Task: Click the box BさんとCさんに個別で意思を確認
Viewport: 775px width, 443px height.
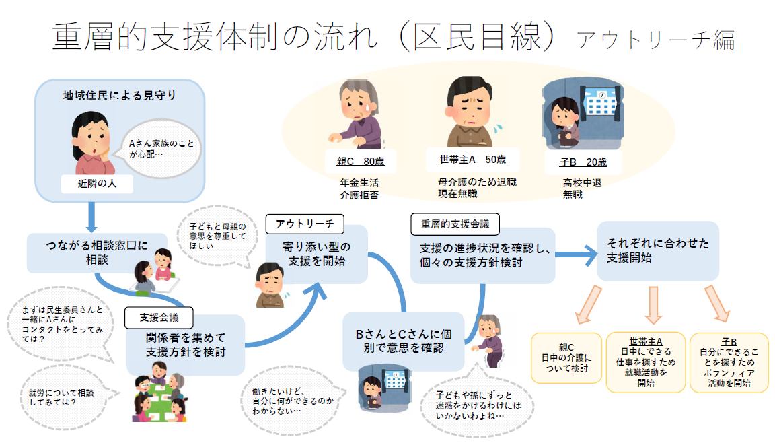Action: pos(403,341)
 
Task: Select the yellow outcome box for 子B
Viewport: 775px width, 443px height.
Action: pos(729,362)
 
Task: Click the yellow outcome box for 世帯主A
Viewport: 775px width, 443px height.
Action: pos(646,362)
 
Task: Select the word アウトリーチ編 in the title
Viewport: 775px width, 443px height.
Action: pos(655,41)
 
